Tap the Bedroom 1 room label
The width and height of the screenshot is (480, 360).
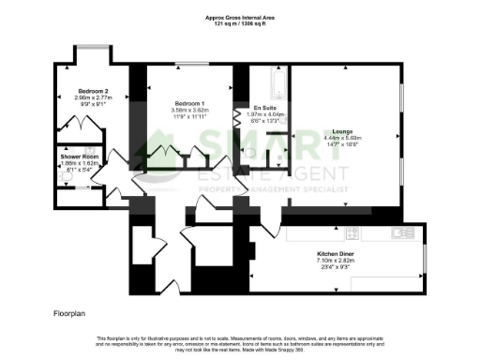coord(190,103)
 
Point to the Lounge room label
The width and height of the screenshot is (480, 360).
coord(337,131)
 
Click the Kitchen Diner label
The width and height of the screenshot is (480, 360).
coord(335,254)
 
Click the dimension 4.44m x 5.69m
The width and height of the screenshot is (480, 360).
coord(337,138)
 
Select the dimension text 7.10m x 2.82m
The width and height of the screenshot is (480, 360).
coord(335,261)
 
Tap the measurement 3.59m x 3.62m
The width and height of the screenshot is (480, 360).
coord(190,110)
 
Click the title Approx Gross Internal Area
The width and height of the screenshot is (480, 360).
coord(240,16)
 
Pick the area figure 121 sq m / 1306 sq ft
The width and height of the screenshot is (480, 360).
coord(240,22)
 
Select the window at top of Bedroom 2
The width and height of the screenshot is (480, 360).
coord(91,48)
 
